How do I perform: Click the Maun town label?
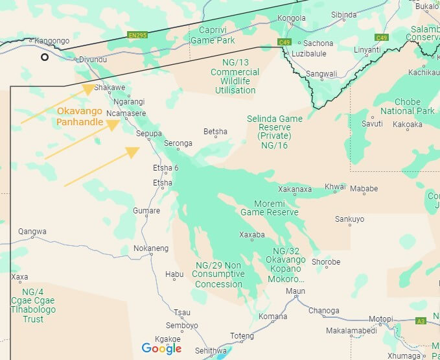295,291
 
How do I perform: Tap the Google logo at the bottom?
162,348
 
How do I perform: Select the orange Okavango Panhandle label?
80,116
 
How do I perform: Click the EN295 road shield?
137,34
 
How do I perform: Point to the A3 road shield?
420,320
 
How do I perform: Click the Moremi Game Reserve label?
270,208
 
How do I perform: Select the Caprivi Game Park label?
211,35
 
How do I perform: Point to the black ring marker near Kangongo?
45,57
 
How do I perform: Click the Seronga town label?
178,143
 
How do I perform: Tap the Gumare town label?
146,211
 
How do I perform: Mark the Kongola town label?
290,18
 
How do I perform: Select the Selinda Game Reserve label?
275,132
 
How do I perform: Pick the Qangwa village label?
32,232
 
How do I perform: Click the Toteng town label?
242,336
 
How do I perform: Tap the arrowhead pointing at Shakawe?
89,89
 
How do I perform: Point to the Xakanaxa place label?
295,189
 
